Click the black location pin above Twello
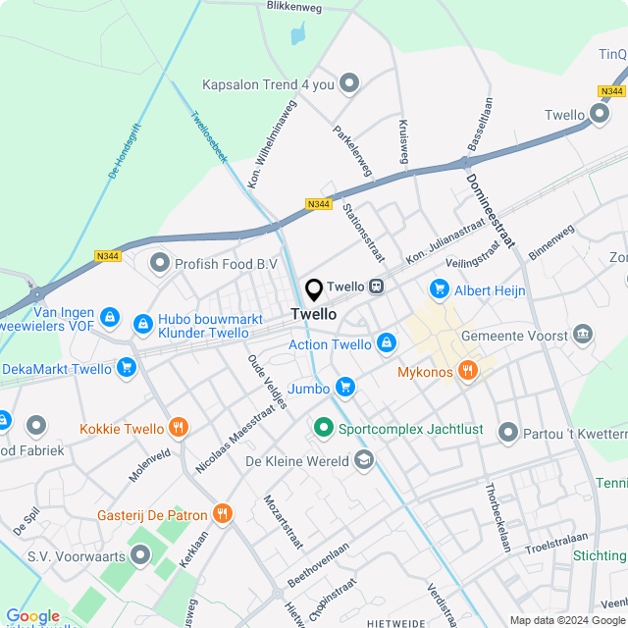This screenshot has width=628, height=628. (314, 290)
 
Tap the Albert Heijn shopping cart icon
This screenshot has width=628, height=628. (439, 289)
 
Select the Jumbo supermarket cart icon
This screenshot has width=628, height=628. (343, 387)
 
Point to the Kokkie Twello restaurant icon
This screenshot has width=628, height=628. (178, 427)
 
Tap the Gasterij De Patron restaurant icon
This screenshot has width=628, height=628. (224, 512)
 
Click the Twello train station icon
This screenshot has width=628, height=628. (376, 287)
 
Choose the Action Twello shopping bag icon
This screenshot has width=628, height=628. (387, 342)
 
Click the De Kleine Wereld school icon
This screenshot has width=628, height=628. (364, 459)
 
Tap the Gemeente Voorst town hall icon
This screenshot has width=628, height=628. (583, 335)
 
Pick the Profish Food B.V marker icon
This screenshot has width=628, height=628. (159, 263)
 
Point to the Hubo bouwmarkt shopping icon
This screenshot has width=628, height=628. (143, 322)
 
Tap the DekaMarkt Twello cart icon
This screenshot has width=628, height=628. (126, 368)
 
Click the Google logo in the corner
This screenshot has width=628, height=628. (32, 615)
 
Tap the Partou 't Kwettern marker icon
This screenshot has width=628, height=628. (507, 432)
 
